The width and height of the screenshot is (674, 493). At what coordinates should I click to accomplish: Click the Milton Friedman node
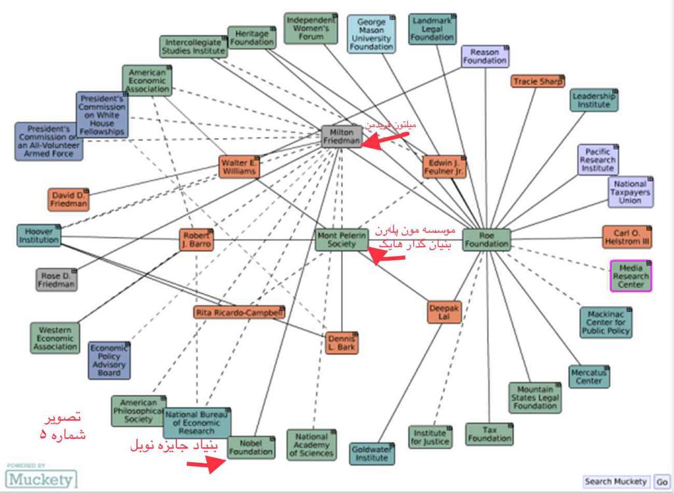[x=342, y=136]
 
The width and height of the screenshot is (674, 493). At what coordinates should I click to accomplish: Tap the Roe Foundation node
[x=486, y=240]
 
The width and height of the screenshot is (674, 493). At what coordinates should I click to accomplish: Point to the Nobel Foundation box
[x=251, y=448]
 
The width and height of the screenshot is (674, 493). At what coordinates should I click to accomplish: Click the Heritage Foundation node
[x=251, y=38]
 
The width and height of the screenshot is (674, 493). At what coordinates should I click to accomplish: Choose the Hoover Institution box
[x=39, y=236]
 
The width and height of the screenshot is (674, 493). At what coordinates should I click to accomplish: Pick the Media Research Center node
[x=631, y=276]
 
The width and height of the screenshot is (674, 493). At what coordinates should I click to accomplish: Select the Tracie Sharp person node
[x=538, y=82]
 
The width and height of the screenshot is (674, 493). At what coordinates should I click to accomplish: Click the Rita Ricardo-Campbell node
[x=240, y=313]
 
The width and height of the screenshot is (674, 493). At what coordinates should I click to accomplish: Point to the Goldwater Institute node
[x=371, y=453]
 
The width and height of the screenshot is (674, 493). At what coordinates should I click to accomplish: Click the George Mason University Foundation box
[x=371, y=34]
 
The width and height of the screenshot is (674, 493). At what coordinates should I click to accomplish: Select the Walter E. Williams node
[x=238, y=167]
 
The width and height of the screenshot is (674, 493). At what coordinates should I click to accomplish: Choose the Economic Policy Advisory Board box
[x=109, y=360]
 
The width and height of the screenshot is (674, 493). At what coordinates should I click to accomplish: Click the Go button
[x=661, y=482]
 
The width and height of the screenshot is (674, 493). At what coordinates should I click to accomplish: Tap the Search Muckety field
[x=615, y=482]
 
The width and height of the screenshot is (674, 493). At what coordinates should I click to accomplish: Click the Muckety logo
[x=40, y=479]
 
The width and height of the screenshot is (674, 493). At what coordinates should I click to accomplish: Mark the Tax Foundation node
[x=489, y=434]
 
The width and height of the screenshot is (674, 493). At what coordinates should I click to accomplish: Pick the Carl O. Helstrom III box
[x=627, y=237]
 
